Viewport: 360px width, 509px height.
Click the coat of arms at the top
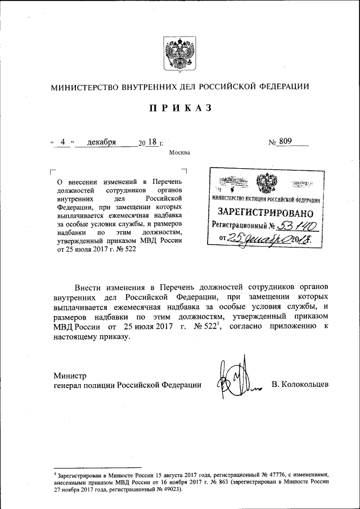click(x=180, y=53)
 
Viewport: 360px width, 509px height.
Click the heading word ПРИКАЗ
click(x=180, y=109)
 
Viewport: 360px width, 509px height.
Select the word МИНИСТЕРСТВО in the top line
click(x=83, y=87)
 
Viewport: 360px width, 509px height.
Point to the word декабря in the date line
click(x=102, y=142)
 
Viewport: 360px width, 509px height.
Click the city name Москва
click(x=179, y=152)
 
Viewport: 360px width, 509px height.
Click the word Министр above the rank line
click(x=70, y=375)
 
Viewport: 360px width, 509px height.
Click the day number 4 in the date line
click(x=64, y=142)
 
